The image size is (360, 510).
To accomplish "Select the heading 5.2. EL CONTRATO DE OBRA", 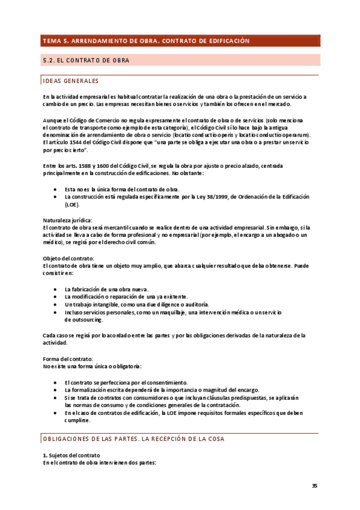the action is pyautogui.click(x=87, y=61).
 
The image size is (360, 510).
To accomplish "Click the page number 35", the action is pyautogui.click(x=314, y=486).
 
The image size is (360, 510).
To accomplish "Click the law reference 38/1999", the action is pyautogui.click(x=221, y=197).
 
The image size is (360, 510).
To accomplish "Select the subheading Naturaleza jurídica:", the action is pyautogui.click(x=67, y=220).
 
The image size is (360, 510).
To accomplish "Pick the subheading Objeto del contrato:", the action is pyautogui.click(x=68, y=258).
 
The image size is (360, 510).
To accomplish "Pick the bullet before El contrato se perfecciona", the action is pyautogui.click(x=55, y=382).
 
